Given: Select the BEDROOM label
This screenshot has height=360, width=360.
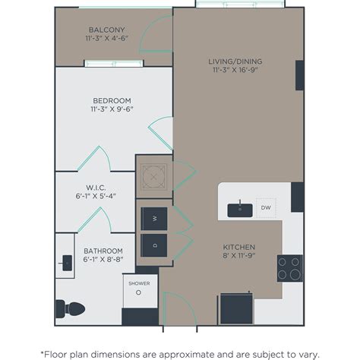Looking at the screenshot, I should (x=112, y=100).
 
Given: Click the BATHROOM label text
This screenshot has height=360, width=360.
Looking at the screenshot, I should (x=103, y=251).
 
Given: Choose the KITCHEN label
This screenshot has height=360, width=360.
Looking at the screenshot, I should (x=238, y=247).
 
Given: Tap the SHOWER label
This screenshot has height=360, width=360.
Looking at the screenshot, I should (x=138, y=283).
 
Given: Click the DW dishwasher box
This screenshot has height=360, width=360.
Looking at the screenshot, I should (x=266, y=207).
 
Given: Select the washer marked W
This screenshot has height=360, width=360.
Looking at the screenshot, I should (x=154, y=218).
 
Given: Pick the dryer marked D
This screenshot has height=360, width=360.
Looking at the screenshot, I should (x=154, y=245).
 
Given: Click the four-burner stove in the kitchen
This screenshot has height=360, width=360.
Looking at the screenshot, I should (x=289, y=267).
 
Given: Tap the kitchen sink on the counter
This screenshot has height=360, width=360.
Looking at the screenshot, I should (x=240, y=208).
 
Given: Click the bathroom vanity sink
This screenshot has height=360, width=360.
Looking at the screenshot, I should (x=65, y=263).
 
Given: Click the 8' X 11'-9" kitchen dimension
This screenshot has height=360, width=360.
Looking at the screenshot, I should (x=238, y=257).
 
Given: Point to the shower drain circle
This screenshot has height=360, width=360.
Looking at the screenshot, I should (x=138, y=292).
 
